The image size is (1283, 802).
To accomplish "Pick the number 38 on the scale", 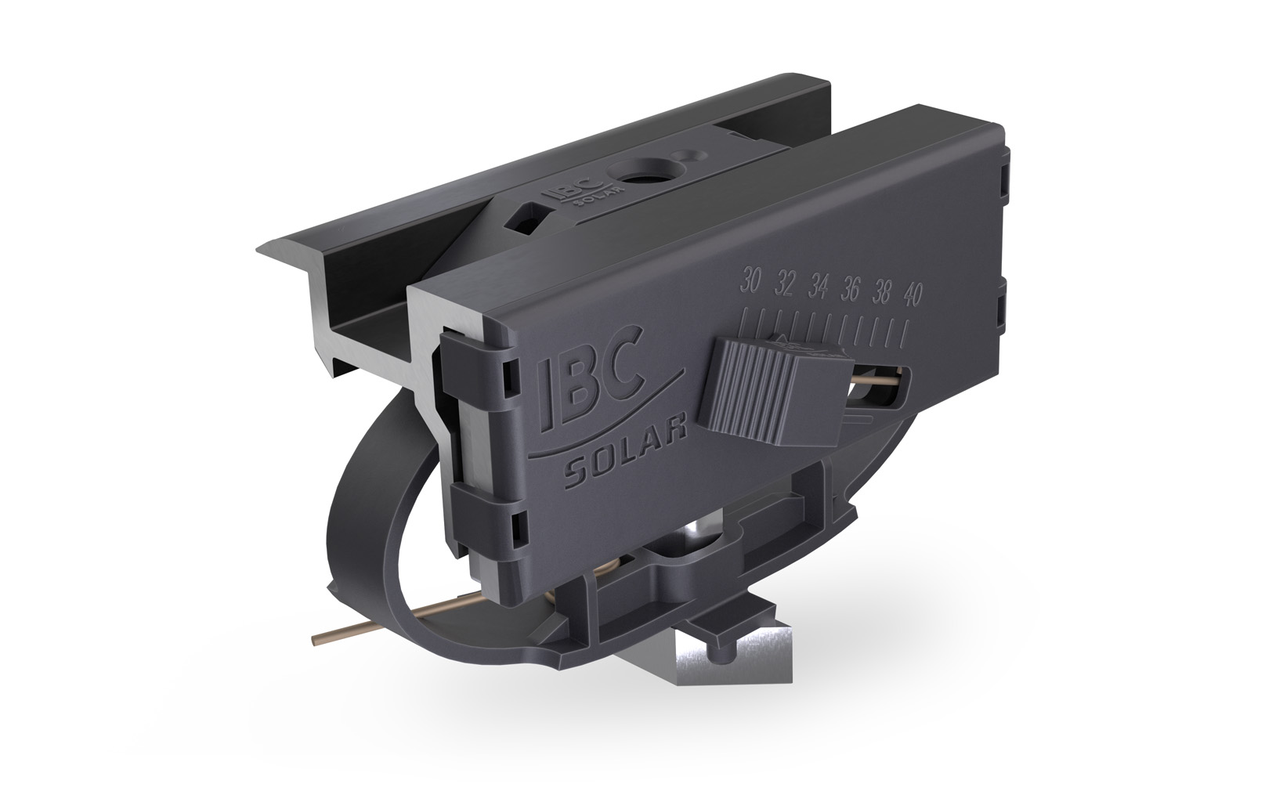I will pos(883,293).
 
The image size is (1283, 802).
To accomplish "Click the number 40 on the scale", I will pos(911,296).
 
